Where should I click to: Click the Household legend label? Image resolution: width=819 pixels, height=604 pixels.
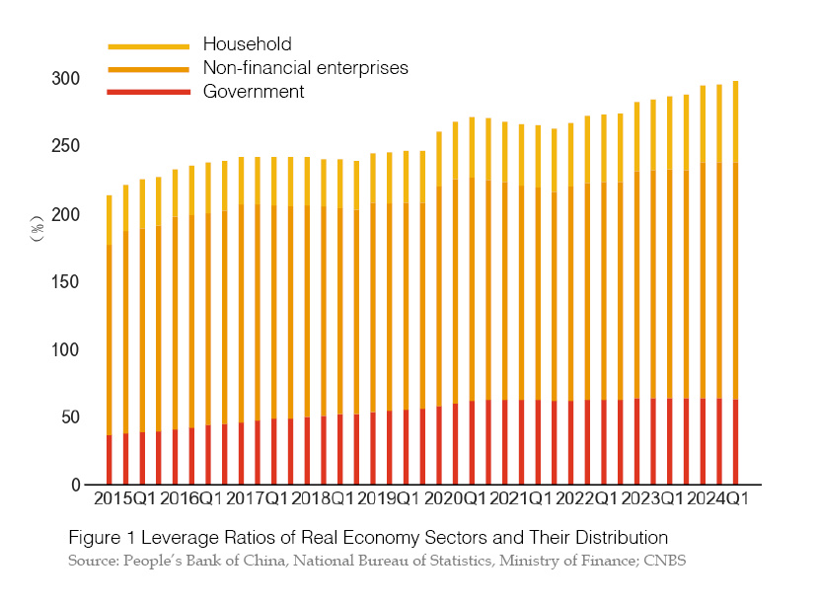pos(247,43)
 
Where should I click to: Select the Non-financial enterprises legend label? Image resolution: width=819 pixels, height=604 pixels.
pos(305,67)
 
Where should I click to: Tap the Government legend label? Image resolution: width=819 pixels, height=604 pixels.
pos(254,92)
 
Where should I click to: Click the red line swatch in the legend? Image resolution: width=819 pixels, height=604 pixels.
pos(148,92)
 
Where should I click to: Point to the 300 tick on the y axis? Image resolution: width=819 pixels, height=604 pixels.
pos(65,79)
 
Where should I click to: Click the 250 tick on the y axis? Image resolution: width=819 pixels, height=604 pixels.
pos(65,146)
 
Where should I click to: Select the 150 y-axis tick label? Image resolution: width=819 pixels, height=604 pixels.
pos(65,282)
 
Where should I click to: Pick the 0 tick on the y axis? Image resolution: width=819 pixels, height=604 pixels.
pos(74,486)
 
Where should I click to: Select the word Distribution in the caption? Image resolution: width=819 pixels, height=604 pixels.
pos(619,538)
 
